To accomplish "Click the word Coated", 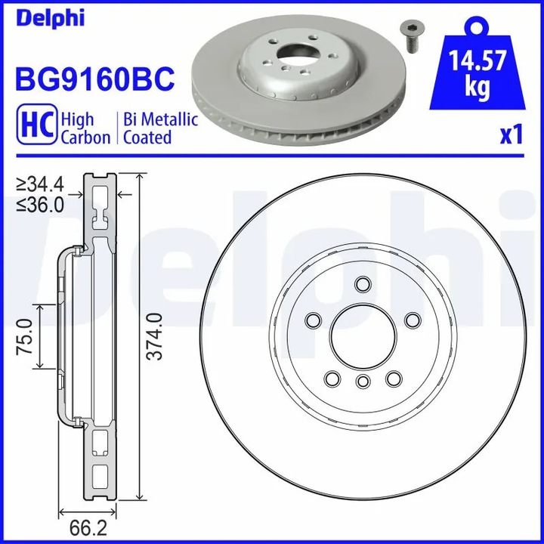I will pos(147,138).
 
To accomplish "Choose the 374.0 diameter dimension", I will pos(154,337).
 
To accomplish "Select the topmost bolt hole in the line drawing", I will pos(362,284).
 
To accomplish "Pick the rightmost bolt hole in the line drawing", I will pos(412,320).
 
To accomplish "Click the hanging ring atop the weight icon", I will pos(476,27).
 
